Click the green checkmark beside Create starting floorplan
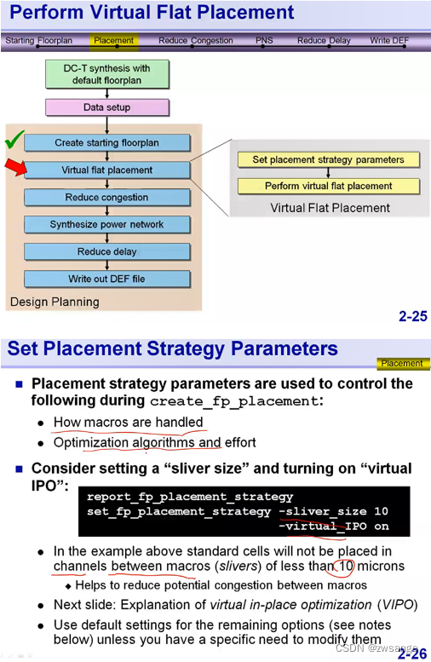click(x=14, y=140)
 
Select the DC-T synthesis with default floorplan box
click(x=107, y=74)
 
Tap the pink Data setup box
click(x=107, y=108)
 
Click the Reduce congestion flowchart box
click(x=106, y=198)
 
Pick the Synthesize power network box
click(x=106, y=225)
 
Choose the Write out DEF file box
click(x=106, y=279)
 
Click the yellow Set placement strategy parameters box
click(x=328, y=159)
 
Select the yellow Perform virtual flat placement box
click(x=328, y=186)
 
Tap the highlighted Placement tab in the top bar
click(x=114, y=40)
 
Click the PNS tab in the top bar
click(x=265, y=40)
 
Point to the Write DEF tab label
click(x=389, y=40)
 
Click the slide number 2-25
click(x=412, y=317)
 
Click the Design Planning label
click(x=55, y=302)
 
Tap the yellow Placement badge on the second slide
click(x=401, y=364)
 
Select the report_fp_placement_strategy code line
click(x=190, y=497)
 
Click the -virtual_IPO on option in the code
click(x=333, y=527)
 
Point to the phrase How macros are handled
click(x=128, y=422)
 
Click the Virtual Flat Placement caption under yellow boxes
click(x=330, y=208)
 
